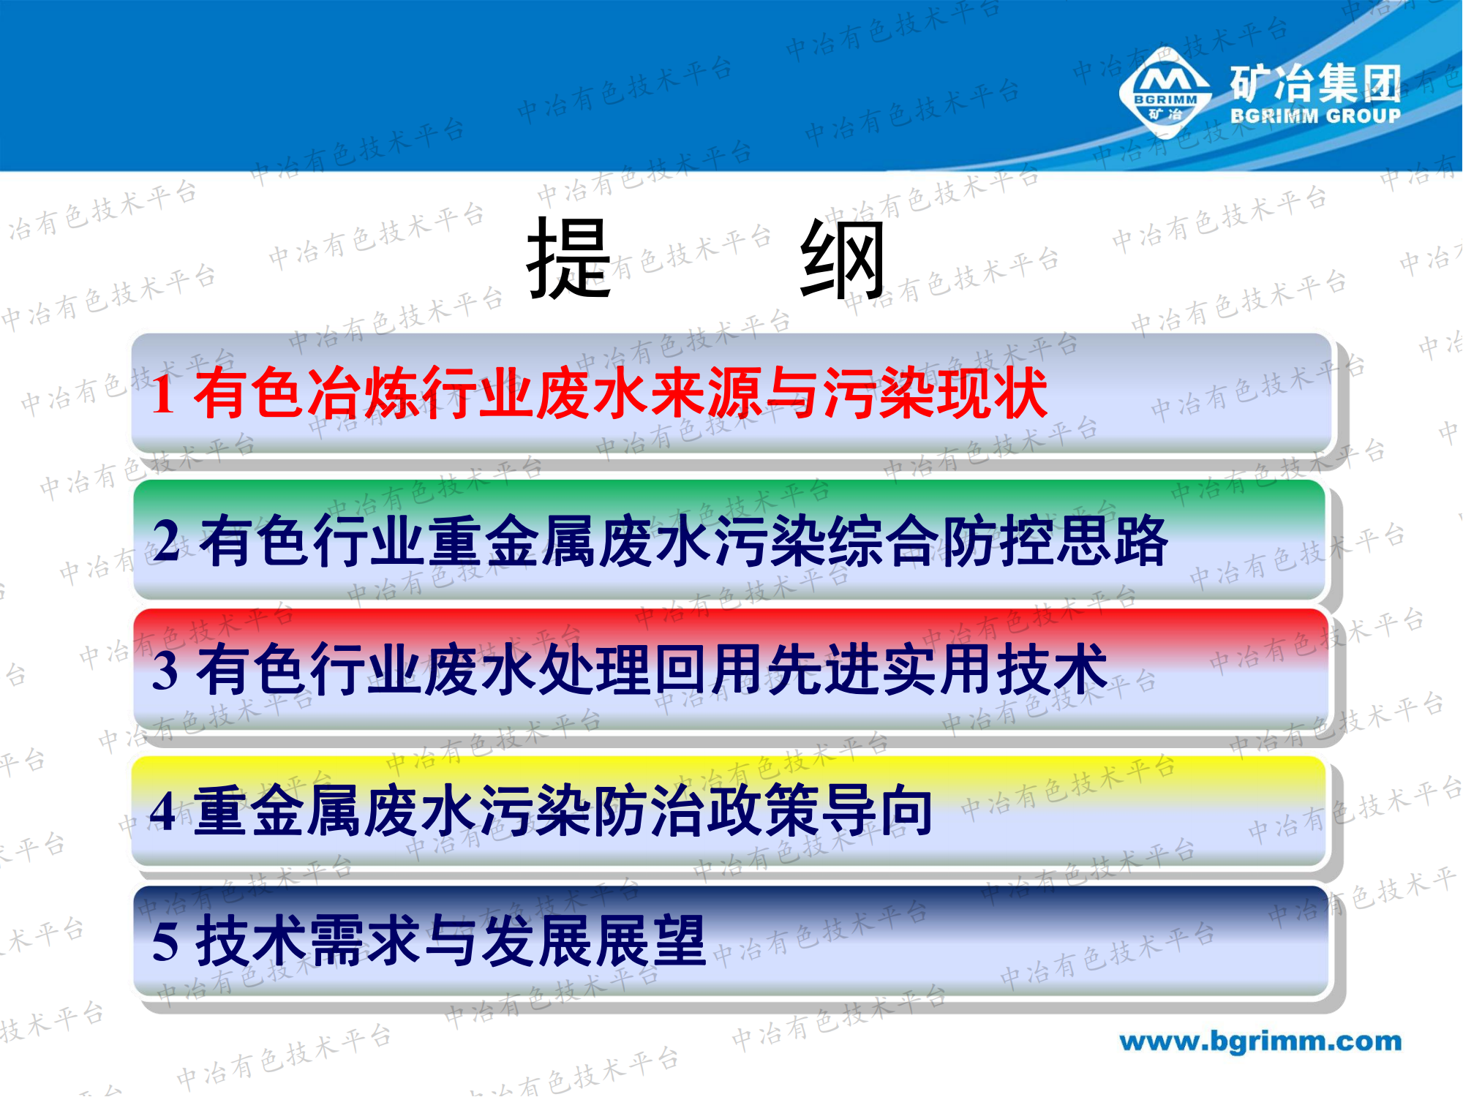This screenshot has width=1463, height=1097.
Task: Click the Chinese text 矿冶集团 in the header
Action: pyautogui.click(x=1315, y=83)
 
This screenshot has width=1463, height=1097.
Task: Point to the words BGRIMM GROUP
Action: pyautogui.click(x=1315, y=116)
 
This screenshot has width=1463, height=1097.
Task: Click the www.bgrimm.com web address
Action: pyautogui.click(x=1260, y=1041)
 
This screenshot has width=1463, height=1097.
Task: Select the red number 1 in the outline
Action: pyautogui.click(x=163, y=395)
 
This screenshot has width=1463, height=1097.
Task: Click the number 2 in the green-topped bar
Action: pyautogui.click(x=167, y=541)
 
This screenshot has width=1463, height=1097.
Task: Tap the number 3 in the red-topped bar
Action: pyautogui.click(x=165, y=670)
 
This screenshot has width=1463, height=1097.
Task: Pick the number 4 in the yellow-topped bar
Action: pyautogui.click(x=163, y=812)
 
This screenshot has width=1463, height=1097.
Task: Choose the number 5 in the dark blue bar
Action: pyautogui.click(x=165, y=941)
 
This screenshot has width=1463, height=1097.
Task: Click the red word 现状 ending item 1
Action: pyautogui.click(x=992, y=393)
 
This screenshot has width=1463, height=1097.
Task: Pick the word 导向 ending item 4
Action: pyautogui.click(x=878, y=811)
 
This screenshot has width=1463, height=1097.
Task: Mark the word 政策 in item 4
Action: pyautogui.click(x=764, y=811)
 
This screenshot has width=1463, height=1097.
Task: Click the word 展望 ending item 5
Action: pyautogui.click(x=651, y=941)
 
